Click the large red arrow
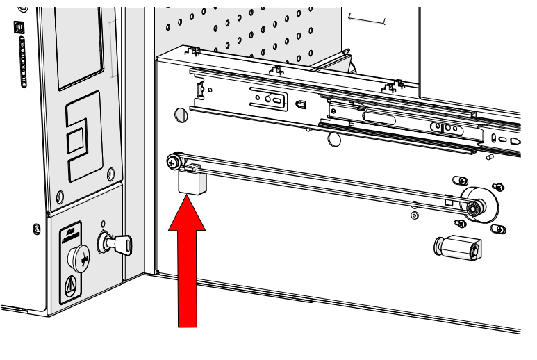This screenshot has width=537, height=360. click(188, 264)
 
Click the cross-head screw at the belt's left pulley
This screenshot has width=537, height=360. click(171, 163)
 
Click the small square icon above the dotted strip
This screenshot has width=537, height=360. click(17, 26)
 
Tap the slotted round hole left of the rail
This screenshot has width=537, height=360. click(181, 114)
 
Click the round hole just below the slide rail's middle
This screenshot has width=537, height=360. click(334, 139)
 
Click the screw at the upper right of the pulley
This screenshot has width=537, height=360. click(498, 187)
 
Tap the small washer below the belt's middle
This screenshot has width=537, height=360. click(414, 216)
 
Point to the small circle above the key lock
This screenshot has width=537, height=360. click(104, 224)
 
